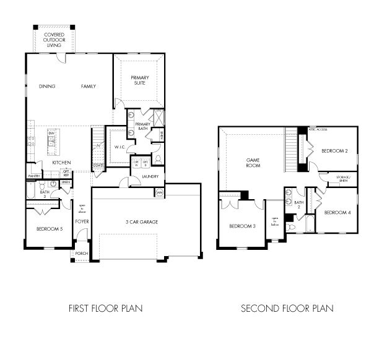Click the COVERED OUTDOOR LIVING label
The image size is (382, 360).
click(54, 40)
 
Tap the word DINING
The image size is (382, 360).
click(47, 86)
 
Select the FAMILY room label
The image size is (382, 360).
click(89, 86)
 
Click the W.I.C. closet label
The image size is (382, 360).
click(119, 147)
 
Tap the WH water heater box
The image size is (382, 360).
click(159, 193)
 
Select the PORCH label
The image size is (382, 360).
click(81, 254)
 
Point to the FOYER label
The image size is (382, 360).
click(82, 221)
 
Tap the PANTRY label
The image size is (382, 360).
click(33, 176)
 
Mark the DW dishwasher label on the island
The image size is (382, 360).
click(52, 134)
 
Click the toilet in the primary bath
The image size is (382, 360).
click(158, 159)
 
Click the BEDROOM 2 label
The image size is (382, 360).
click(335, 150)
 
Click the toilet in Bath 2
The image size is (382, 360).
click(293, 227)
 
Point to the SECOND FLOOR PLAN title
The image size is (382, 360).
click(287, 307)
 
